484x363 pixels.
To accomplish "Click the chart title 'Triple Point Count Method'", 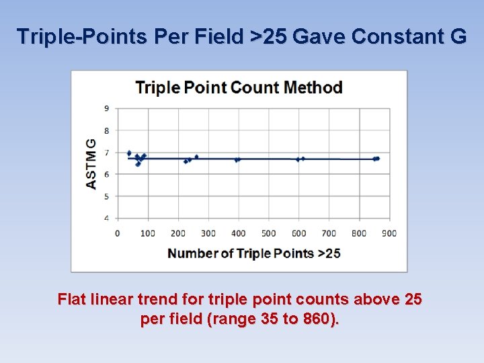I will click(x=239, y=87).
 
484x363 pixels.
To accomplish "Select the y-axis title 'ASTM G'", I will click(x=91, y=163).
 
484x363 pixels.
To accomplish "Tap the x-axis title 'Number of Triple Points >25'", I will click(x=253, y=253).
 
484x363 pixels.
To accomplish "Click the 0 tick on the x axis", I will click(x=118, y=233).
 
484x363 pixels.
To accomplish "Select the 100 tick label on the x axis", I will click(x=147, y=233).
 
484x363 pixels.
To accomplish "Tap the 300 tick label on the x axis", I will click(x=208, y=233).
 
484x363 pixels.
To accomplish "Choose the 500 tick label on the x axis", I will click(x=268, y=233).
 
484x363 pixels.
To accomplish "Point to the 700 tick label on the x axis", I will click(x=329, y=233).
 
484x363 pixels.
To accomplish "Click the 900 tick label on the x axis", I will click(x=389, y=233).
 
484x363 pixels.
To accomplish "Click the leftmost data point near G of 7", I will click(x=129, y=153).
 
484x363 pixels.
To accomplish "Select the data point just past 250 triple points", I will click(x=196, y=157).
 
